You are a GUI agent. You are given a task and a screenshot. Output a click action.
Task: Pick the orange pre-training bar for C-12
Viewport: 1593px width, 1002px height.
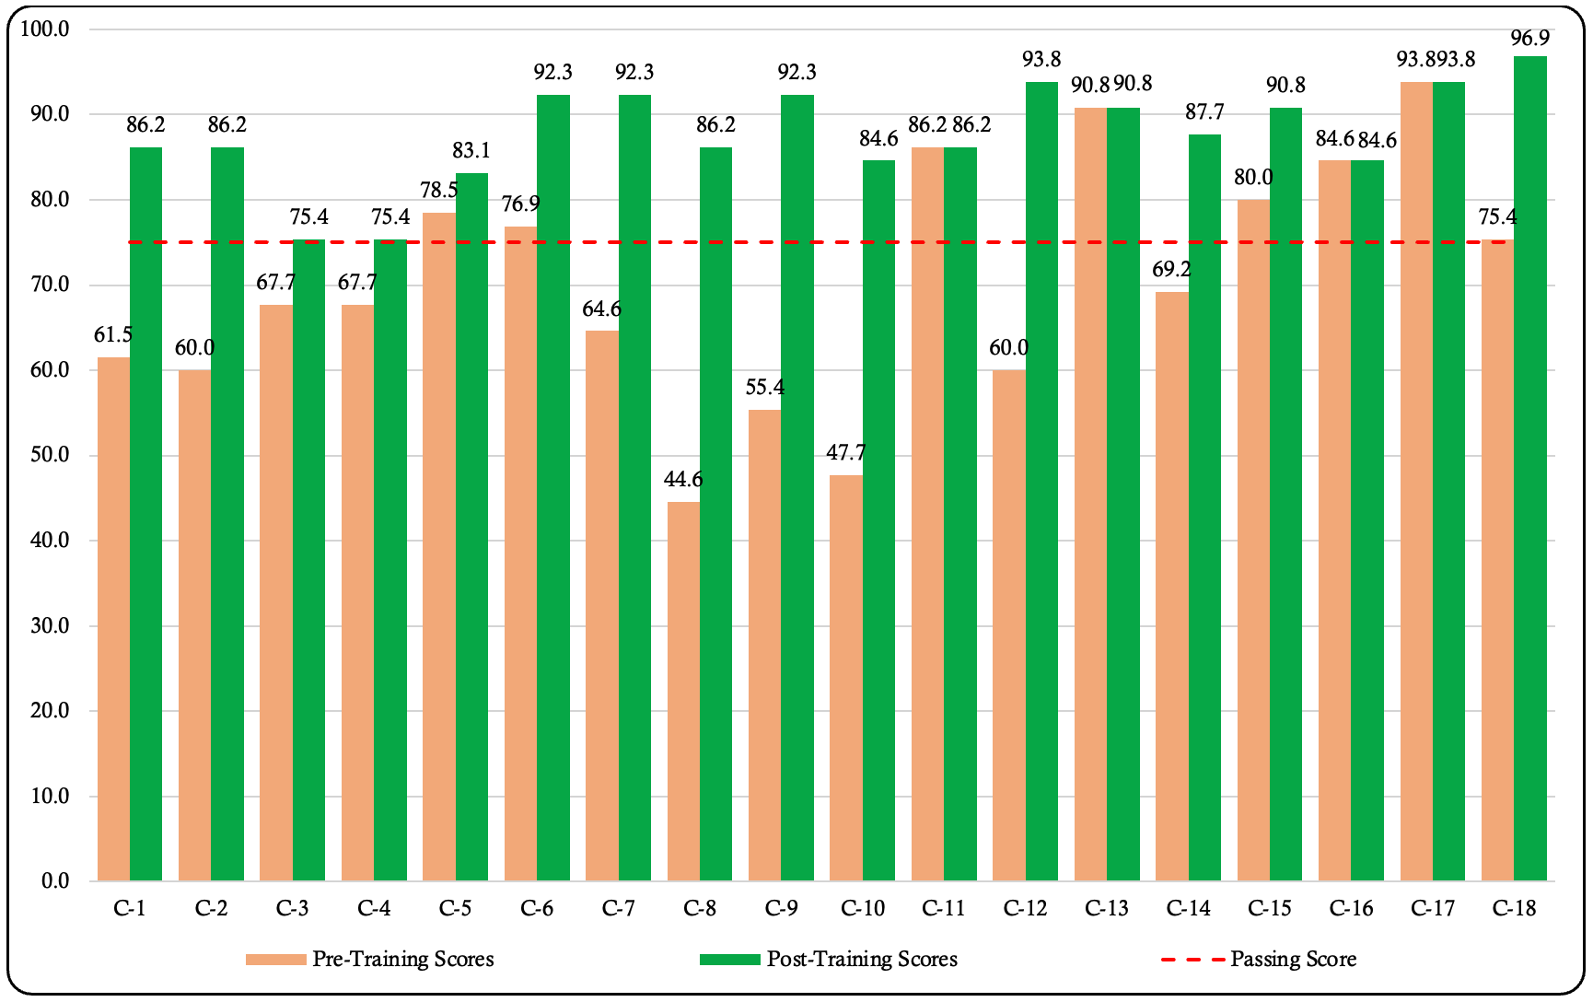point(1008,625)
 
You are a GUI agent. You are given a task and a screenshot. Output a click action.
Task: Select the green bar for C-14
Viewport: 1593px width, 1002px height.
point(1204,507)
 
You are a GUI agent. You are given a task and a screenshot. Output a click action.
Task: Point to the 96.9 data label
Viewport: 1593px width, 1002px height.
point(1529,38)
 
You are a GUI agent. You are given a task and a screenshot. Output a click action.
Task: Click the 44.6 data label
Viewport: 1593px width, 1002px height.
point(683,479)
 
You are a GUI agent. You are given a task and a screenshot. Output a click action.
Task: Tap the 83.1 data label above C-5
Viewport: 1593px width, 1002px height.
point(471,150)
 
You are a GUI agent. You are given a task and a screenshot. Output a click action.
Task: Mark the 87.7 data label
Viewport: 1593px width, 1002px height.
point(1204,111)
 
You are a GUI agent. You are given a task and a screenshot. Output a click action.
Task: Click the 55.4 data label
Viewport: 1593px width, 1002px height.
point(764,387)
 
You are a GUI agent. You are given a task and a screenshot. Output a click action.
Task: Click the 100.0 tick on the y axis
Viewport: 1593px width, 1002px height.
point(45,29)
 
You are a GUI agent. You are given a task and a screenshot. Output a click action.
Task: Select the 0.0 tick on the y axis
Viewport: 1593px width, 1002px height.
point(55,881)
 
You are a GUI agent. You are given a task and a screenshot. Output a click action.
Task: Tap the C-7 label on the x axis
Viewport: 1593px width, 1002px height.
point(618,909)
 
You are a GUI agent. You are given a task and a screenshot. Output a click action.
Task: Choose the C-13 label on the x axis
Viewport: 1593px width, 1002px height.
point(1106,909)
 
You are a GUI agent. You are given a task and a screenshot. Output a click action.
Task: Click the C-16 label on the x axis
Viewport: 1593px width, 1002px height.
point(1351,909)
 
